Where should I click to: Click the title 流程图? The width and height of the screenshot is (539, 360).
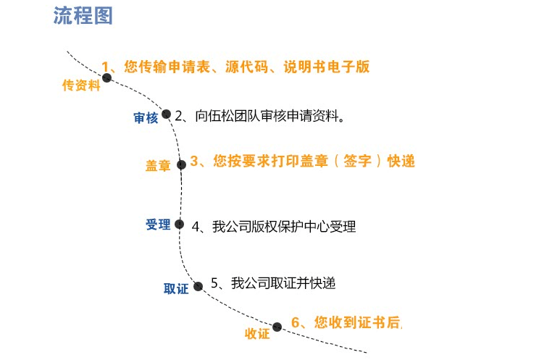[x=83, y=16]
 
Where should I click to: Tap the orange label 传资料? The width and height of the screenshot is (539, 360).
[x=81, y=85]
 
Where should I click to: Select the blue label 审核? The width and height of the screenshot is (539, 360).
[x=146, y=118]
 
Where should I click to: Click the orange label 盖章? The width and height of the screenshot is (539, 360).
[x=158, y=166]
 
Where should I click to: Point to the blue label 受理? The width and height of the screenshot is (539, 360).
[x=158, y=225]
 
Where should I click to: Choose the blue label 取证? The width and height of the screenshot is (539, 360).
[x=176, y=289]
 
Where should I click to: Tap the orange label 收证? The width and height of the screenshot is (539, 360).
[x=257, y=333]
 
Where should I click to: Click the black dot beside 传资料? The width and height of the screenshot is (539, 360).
[x=107, y=78]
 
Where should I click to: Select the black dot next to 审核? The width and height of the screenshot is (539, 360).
[x=167, y=114]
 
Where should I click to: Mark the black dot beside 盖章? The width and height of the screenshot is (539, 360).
[x=182, y=164]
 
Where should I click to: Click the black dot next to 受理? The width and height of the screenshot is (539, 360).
[x=180, y=224]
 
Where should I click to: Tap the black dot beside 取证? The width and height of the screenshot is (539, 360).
[x=199, y=286]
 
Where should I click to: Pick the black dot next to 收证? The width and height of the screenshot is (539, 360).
[x=277, y=327]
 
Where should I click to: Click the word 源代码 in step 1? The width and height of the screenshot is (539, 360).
[x=247, y=67]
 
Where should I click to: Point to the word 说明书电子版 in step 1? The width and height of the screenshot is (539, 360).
[x=327, y=67]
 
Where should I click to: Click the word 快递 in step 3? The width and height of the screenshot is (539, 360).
[x=401, y=161]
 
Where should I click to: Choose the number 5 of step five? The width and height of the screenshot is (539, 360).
[x=214, y=283]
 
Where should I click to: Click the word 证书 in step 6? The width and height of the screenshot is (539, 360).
[x=372, y=322]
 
